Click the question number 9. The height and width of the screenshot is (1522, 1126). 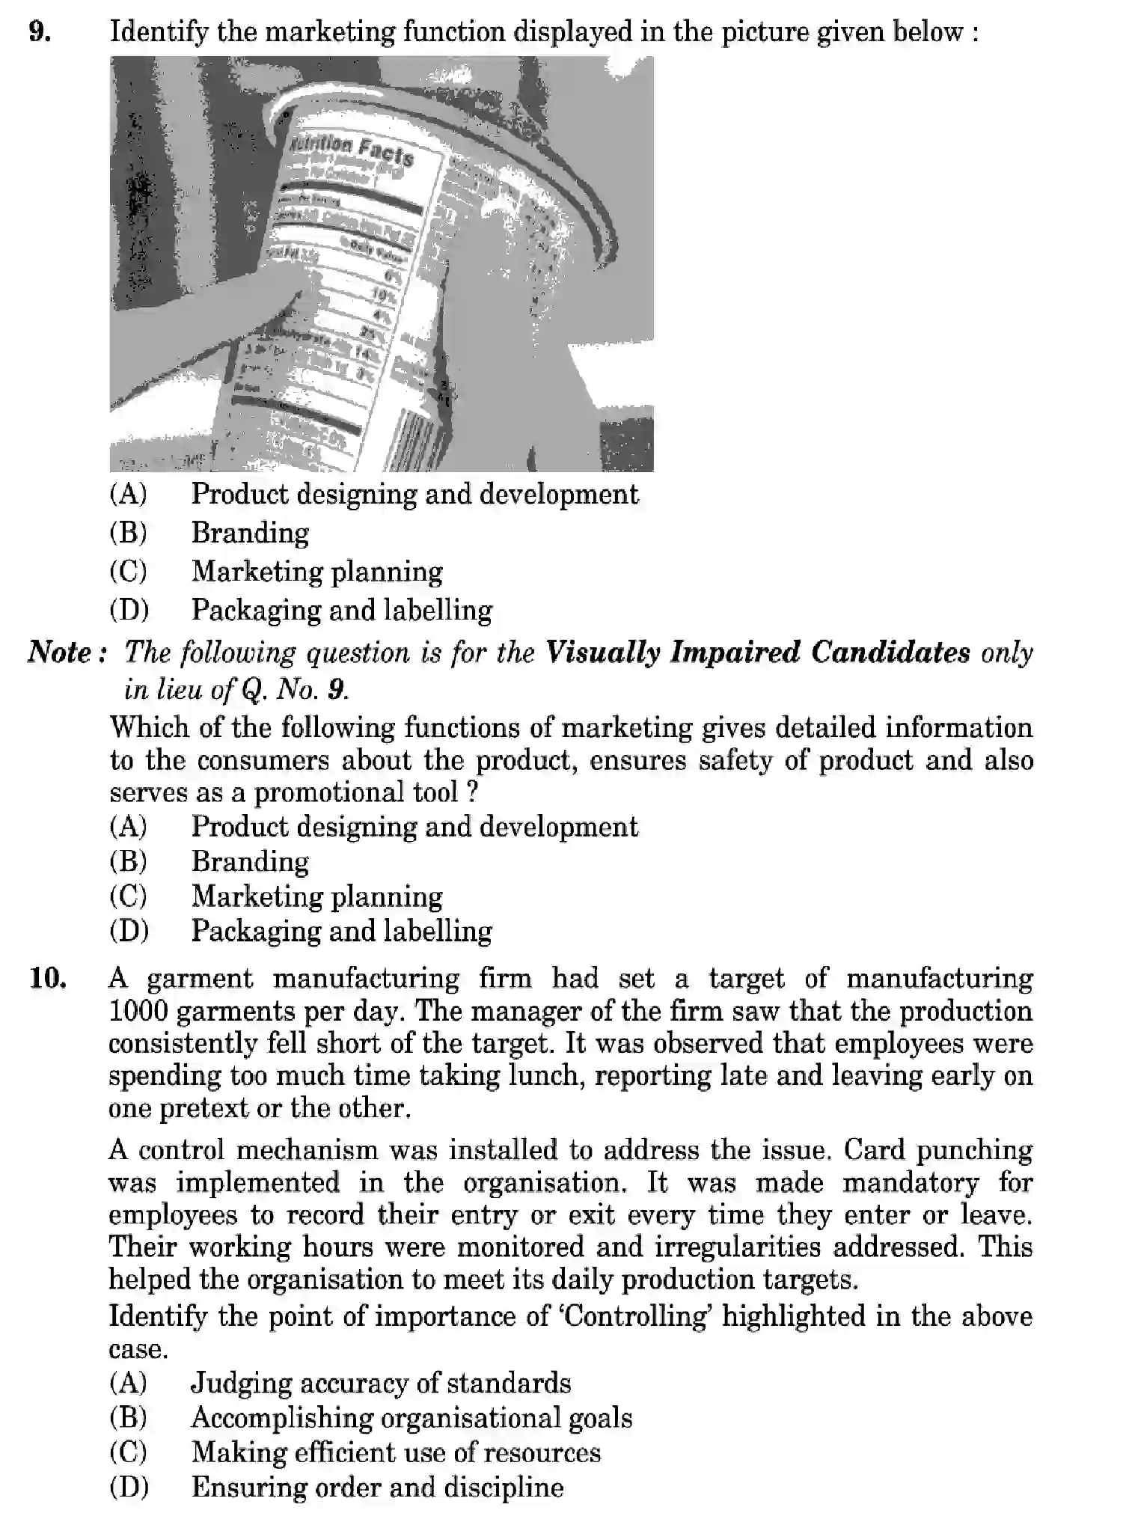pos(39,32)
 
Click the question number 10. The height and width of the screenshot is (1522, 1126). pos(47,978)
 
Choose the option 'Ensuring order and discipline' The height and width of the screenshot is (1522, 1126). pos(377,1487)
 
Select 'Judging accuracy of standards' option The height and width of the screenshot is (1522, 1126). pos(381,1383)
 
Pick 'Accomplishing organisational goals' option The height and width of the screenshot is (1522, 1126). pos(411,1417)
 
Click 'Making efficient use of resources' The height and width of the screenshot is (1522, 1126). pos(396,1452)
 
